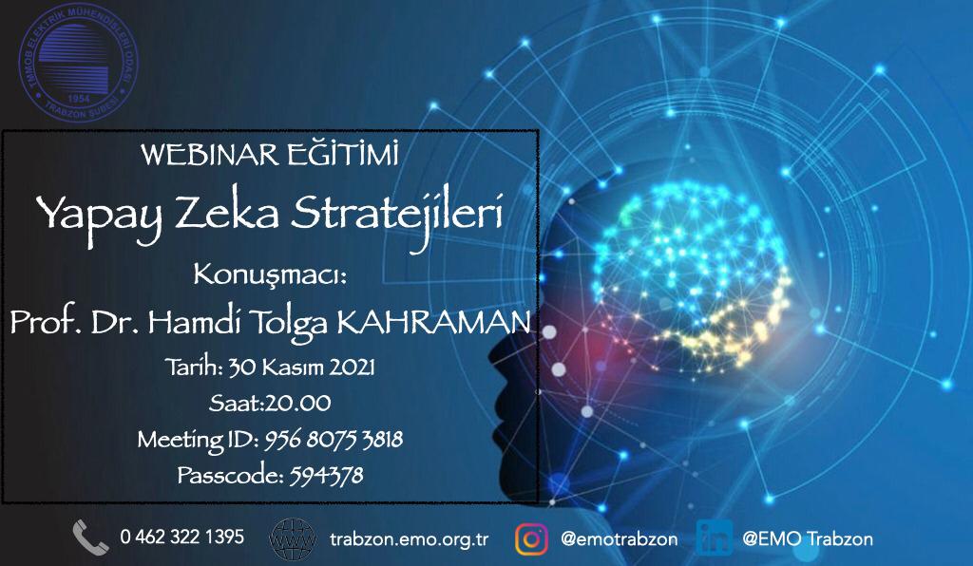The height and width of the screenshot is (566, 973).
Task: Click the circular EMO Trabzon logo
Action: pyautogui.click(x=78, y=64)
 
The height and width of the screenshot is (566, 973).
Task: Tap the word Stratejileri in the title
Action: pyautogui.click(x=396, y=214)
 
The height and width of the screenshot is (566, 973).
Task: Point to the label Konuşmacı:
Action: pyautogui.click(x=270, y=275)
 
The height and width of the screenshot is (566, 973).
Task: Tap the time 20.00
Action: pyautogui.click(x=297, y=404)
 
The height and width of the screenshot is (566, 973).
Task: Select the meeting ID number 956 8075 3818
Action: pyautogui.click(x=334, y=440)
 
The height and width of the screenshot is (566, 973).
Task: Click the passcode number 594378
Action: pyautogui.click(x=327, y=476)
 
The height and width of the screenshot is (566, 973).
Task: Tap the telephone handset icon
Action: pyautogui.click(x=90, y=537)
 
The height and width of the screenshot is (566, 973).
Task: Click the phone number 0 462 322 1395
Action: pyautogui.click(x=182, y=537)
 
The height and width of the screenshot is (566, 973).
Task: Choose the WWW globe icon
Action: pyautogui.click(x=293, y=538)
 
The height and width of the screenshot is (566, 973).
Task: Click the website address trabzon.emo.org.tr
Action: pyautogui.click(x=410, y=539)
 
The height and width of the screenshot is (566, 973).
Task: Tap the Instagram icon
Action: pyautogui.click(x=531, y=538)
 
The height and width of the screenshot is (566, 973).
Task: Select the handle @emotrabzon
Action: pyautogui.click(x=619, y=538)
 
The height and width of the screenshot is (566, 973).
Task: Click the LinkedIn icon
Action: pyautogui.click(x=715, y=538)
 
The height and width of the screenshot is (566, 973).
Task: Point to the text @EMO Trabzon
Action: pyautogui.click(x=808, y=538)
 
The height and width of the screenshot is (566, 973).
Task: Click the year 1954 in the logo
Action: pyautogui.click(x=79, y=99)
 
